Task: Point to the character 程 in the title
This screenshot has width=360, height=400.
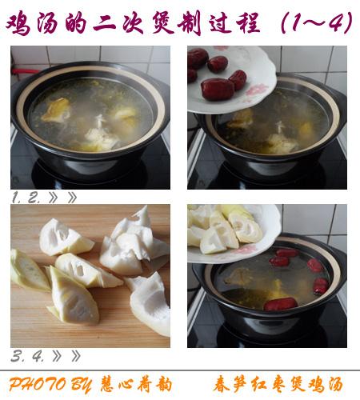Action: point(248,23)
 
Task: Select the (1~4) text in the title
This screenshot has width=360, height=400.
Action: point(317,23)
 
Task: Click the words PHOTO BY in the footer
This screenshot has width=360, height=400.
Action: point(50,384)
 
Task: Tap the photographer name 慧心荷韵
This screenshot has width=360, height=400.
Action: point(136,384)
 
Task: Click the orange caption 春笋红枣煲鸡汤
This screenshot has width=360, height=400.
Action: point(278,384)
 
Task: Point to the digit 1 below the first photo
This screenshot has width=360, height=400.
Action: point(15,198)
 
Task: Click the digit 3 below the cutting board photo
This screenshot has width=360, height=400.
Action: point(17,356)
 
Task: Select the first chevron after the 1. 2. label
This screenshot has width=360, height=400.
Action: point(53,198)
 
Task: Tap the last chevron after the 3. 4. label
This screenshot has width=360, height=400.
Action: point(76,356)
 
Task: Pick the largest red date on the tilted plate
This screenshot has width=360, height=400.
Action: point(217,89)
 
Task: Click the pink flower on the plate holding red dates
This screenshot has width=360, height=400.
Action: point(257,90)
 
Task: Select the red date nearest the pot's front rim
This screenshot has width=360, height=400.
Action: point(280,304)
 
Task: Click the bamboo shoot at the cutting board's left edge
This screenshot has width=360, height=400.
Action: point(30,270)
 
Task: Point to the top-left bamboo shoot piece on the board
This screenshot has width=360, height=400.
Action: point(66,238)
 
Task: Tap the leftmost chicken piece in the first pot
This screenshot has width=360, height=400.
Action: point(56,110)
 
